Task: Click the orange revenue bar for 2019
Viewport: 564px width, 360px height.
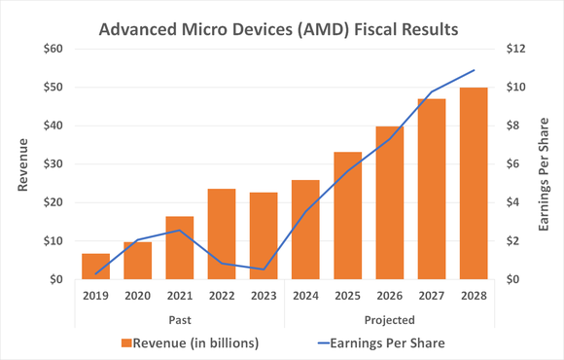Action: coord(95,267)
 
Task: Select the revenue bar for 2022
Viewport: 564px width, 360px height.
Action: coord(222,234)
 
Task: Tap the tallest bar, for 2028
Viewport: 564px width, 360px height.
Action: coord(474,184)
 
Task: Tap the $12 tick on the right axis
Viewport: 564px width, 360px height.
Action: coord(513,49)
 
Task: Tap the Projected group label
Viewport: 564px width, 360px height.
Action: coord(389,319)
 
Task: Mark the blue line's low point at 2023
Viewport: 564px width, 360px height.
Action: coord(264,270)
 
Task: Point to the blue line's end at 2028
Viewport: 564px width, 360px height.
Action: coord(474,70)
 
